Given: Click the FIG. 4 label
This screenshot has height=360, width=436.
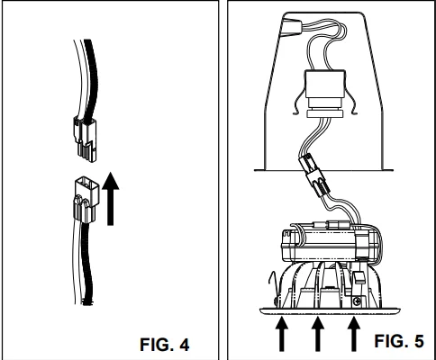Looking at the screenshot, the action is click(165, 345).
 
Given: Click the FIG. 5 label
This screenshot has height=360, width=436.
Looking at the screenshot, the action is click(399, 341).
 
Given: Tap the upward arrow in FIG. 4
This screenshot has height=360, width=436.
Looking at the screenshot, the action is click(111, 199).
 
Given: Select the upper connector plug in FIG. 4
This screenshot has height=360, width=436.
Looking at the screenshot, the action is click(85, 139).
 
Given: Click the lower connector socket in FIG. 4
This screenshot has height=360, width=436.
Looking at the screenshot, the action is click(86, 200).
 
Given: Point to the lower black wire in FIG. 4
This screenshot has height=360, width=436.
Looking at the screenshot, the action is click(86, 264).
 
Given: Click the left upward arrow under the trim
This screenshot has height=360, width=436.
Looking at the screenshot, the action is click(281, 334).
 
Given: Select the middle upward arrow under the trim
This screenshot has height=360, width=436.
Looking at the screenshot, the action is click(317, 334).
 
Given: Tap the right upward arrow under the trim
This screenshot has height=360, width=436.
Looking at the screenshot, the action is click(354, 334).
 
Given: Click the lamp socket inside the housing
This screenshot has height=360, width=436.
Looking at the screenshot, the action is click(324, 89).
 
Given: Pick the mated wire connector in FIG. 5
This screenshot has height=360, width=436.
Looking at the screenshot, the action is click(314, 175).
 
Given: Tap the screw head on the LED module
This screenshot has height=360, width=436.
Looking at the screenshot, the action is click(357, 301).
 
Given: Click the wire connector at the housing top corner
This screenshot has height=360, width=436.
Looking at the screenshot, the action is click(290, 27).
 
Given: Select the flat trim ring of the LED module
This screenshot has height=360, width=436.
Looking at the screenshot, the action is click(330, 311).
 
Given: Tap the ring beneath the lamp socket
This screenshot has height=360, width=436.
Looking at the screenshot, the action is click(324, 113).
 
